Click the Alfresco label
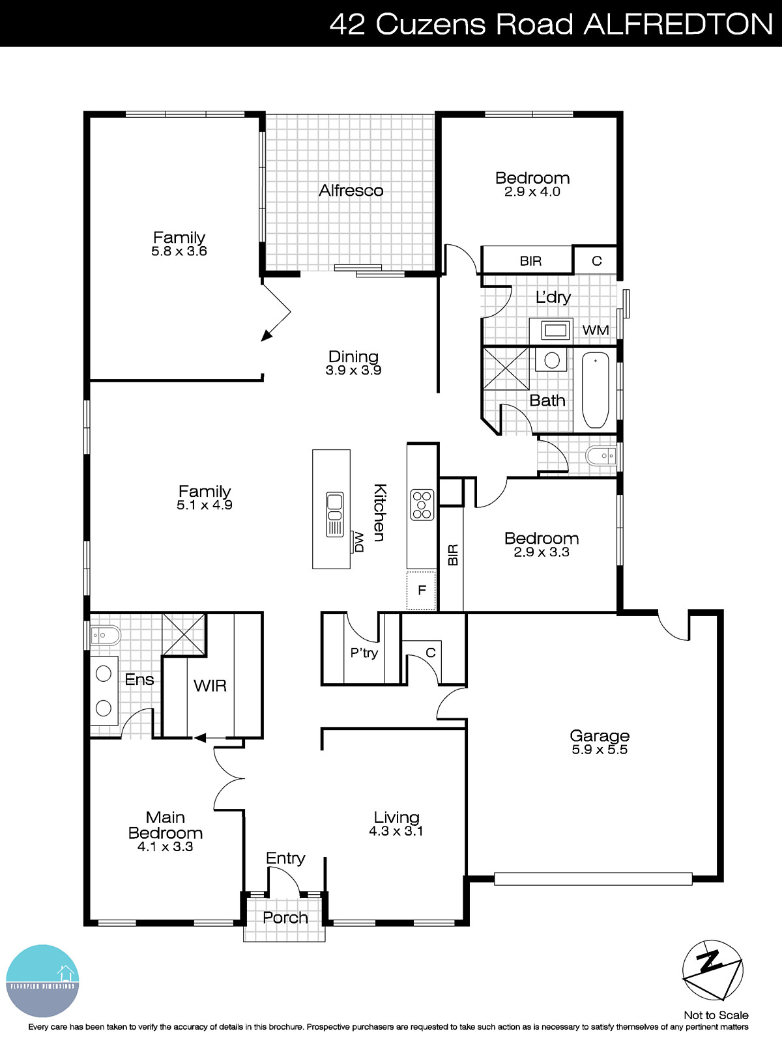point(351,190)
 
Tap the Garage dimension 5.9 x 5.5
point(600,750)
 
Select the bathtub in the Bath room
point(595,390)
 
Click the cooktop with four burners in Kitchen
point(422,504)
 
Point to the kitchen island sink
point(334,514)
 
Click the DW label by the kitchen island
point(358,542)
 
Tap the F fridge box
point(422,590)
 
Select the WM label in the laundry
point(595,330)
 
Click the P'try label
point(364,653)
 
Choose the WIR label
point(210,685)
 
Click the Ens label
point(139,679)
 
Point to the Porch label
point(285,917)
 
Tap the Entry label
point(285,858)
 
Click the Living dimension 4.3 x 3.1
point(396,831)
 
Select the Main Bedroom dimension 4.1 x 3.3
point(165,847)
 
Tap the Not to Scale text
point(716,1015)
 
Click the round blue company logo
point(42,981)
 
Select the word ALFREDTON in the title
point(678,24)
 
